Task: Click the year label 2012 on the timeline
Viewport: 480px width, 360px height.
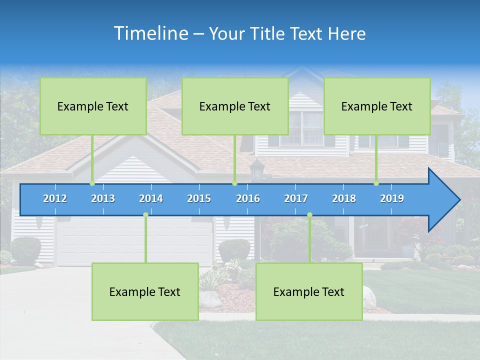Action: pyautogui.click(x=55, y=198)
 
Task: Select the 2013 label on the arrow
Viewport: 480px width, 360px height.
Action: pyautogui.click(x=103, y=198)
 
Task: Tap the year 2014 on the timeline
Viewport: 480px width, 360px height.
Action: pyautogui.click(x=151, y=198)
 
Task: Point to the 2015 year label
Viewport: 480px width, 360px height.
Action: pyautogui.click(x=199, y=198)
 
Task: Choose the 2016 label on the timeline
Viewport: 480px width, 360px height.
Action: pyautogui.click(x=248, y=198)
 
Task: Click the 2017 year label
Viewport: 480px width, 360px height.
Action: pyautogui.click(x=296, y=198)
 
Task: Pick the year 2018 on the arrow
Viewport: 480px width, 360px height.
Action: pyautogui.click(x=344, y=198)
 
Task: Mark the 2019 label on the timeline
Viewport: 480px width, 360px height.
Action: pyautogui.click(x=392, y=198)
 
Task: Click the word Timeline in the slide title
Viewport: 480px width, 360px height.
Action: pyautogui.click(x=150, y=33)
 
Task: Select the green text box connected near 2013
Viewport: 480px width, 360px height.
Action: pyautogui.click(x=93, y=106)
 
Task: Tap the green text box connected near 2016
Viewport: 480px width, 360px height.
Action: pyautogui.click(x=235, y=106)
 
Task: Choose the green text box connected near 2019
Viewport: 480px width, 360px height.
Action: pyautogui.click(x=377, y=106)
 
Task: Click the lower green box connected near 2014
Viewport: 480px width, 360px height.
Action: pyautogui.click(x=145, y=291)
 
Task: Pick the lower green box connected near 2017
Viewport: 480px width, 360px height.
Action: pyautogui.click(x=309, y=291)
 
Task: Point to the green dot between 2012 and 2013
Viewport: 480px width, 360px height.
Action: pyautogui.click(x=92, y=183)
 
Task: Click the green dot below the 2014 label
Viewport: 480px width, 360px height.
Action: pyautogui.click(x=145, y=215)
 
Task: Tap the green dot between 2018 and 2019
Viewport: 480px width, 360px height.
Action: pyautogui.click(x=376, y=183)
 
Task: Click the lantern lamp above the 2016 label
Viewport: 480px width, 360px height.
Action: pyautogui.click(x=257, y=169)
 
